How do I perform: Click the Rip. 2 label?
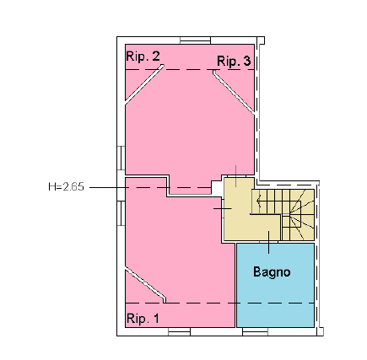coord(143,56)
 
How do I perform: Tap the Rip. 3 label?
coord(234,61)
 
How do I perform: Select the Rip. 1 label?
coord(143,319)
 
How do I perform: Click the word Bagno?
coord(272,271)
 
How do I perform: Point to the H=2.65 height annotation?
coord(66,186)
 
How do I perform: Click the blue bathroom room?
coord(275,285)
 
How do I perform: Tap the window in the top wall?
coord(196,40)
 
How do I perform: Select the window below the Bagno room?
coord(255,332)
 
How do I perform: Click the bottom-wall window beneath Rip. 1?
coord(179,332)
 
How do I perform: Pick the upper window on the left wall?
coord(121,158)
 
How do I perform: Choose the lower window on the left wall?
coord(121,213)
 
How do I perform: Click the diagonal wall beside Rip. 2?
coord(144,84)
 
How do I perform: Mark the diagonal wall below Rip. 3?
coord(234,93)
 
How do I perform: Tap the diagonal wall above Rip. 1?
coord(145,285)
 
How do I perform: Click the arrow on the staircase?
coord(259,201)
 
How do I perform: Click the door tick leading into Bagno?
coord(268,242)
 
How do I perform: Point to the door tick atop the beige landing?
coord(235,176)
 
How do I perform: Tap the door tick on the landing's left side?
coord(223,208)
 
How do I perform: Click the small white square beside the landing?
coord(217,187)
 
